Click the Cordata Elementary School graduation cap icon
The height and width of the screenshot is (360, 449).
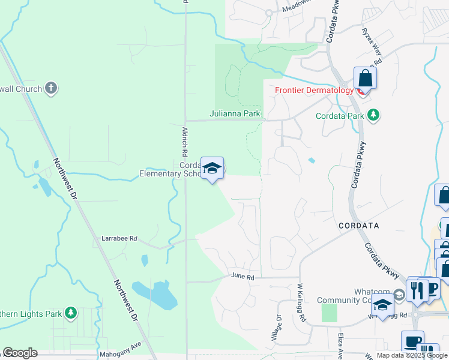pyautogui.click(x=212, y=168)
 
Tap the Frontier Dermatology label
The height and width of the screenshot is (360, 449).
pyautogui.click(x=314, y=91)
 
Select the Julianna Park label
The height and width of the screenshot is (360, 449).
pyautogui.click(x=235, y=113)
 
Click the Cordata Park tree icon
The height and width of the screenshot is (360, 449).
pyautogui.click(x=373, y=115)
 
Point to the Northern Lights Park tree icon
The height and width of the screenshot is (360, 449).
pyautogui.click(x=71, y=313)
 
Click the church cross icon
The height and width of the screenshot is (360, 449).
pyautogui.click(x=51, y=89)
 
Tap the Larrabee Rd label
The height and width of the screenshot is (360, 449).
pyautogui.click(x=118, y=239)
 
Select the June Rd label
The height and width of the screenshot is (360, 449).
pyautogui.click(x=243, y=277)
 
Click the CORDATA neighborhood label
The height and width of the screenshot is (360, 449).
pyautogui.click(x=358, y=226)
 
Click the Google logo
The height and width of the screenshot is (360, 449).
pyautogui.click(x=20, y=353)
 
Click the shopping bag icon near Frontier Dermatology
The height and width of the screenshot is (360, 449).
pyautogui.click(x=365, y=78)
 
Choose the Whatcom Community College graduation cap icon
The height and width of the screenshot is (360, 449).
pyautogui.click(x=382, y=305)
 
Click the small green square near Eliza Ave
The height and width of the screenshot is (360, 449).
pyautogui.click(x=329, y=313)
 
